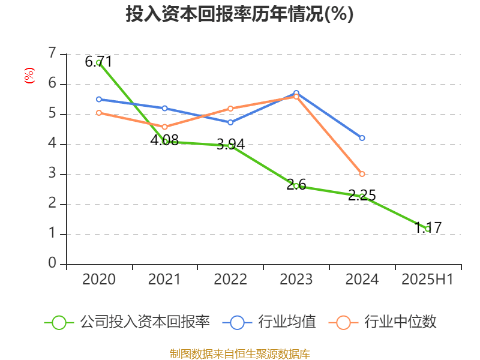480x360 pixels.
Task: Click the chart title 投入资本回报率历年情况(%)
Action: [x=239, y=14]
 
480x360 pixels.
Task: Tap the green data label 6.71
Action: [x=98, y=61]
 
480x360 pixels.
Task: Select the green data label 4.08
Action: [x=164, y=140]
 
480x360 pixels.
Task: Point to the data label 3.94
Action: [x=230, y=145]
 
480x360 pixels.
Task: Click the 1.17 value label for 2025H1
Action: [x=428, y=227]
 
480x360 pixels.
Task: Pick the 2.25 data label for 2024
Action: [x=362, y=195]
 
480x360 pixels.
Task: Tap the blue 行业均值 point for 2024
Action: [x=362, y=138]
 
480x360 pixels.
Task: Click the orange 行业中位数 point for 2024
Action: [x=362, y=174]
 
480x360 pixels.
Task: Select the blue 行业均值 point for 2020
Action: [x=99, y=99]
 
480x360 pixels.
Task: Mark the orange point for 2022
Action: [x=230, y=109]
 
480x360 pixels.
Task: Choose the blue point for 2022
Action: [x=230, y=122]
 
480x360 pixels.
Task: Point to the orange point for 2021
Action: [x=164, y=127]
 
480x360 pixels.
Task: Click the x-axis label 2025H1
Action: [x=427, y=279]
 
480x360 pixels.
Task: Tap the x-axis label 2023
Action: [x=296, y=279]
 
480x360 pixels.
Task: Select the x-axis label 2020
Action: [x=99, y=279]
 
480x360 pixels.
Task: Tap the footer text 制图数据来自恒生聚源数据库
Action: [x=240, y=353]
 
